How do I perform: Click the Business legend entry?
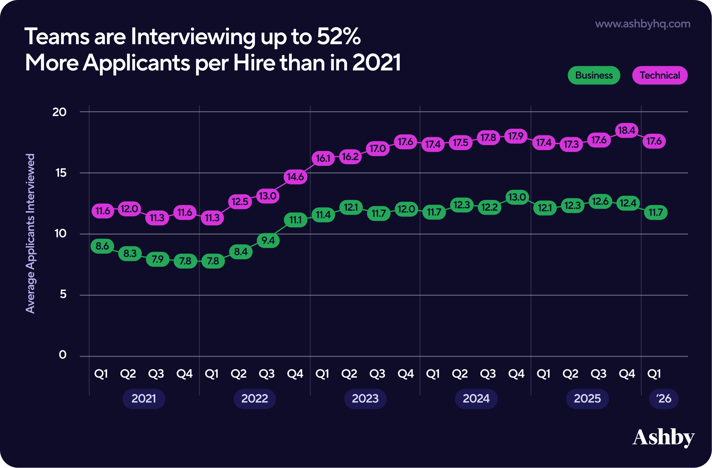click(594, 75)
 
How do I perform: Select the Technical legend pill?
click(660, 75)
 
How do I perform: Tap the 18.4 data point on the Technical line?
click(626, 130)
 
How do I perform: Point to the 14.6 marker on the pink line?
click(295, 177)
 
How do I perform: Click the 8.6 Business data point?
click(102, 246)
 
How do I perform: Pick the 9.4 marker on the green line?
click(268, 240)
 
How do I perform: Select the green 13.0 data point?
click(517, 197)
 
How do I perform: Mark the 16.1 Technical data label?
click(323, 158)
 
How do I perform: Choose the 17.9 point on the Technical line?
click(516, 136)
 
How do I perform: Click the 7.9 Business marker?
click(158, 259)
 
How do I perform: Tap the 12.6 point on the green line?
click(600, 201)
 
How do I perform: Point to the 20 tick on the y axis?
click(59, 112)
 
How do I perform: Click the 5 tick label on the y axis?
click(63, 294)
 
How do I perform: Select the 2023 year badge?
click(365, 399)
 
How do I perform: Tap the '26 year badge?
click(663, 399)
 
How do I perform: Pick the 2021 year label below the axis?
click(144, 399)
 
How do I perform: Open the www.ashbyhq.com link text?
click(643, 24)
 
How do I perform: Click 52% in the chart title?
click(339, 36)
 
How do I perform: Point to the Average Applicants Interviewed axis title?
click(30, 233)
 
